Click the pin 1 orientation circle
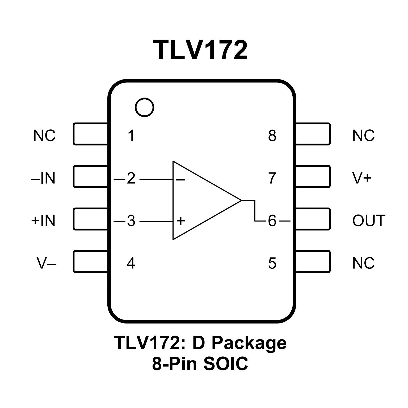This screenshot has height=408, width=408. coord(144,107)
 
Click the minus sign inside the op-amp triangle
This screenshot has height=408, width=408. coord(180,180)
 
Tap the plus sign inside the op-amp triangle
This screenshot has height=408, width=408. coord(180,221)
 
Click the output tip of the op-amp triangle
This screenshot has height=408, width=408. coord(241,200)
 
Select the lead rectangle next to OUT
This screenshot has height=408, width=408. coord(313,219)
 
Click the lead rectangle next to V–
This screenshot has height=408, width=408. coord(90,262)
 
